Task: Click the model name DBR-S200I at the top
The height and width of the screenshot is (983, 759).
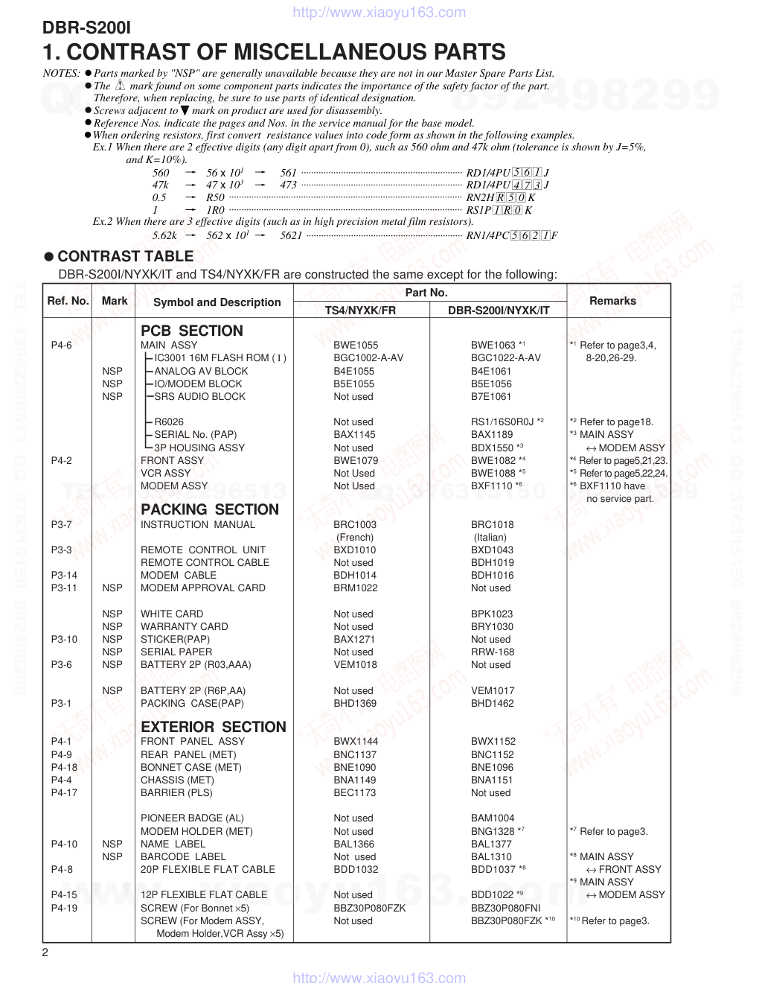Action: click(x=86, y=28)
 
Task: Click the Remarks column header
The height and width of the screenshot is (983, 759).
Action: click(x=612, y=301)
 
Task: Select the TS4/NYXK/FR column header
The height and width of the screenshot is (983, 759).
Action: click(x=360, y=310)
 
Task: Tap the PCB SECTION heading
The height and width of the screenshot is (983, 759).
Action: click(x=191, y=331)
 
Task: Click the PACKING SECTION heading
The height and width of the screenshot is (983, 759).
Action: click(x=209, y=509)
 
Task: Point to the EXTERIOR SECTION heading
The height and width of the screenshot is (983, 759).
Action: click(x=213, y=727)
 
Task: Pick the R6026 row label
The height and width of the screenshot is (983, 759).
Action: click(x=169, y=421)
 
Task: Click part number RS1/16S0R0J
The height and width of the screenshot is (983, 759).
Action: click(x=502, y=421)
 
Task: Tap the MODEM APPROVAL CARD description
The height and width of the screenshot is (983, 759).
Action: click(x=202, y=588)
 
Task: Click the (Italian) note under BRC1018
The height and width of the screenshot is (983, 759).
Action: click(x=490, y=537)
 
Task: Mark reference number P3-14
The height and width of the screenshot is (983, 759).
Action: click(x=64, y=575)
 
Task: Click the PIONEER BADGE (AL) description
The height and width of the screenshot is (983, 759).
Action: click(x=192, y=818)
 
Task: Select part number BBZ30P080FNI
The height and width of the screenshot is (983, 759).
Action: click(x=505, y=908)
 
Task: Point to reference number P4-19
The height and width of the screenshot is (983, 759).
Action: click(x=64, y=908)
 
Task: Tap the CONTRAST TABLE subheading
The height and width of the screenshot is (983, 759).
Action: click(x=125, y=256)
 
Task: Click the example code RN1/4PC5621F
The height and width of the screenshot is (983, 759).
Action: click(x=511, y=235)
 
